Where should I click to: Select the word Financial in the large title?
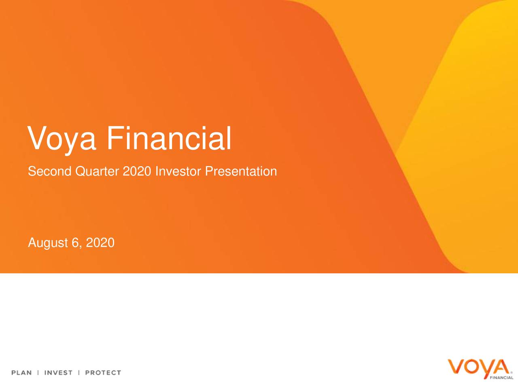pyautogui.click(x=169, y=138)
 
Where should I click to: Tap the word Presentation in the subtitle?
pyautogui.click(x=241, y=171)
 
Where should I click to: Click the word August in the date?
pyautogui.click(x=47, y=243)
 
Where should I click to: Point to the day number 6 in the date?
pyautogui.click(x=75, y=243)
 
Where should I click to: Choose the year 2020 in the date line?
pyautogui.click(x=100, y=243)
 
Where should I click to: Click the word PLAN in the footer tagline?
pyautogui.click(x=21, y=373)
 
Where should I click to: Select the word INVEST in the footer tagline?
pyautogui.click(x=58, y=373)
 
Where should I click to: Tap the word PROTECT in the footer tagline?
pyautogui.click(x=103, y=373)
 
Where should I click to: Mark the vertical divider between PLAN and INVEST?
pyautogui.click(x=38, y=373)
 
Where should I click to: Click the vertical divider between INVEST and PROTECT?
pyautogui.click(x=79, y=373)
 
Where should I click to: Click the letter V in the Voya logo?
pyautogui.click(x=455, y=367)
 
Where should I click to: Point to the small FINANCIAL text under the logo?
pyautogui.click(x=501, y=377)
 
